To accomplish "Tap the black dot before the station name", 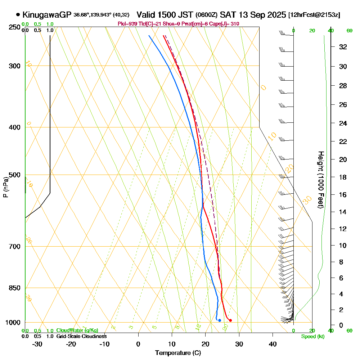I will coord(18,15).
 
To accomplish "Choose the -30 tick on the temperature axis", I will coord(37,344).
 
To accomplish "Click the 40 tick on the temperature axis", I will coord(273,344).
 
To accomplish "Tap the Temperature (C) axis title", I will coord(178,353).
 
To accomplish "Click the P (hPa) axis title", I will coord(5,187).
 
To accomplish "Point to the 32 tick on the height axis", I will coord(343,47).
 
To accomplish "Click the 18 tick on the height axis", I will coord(343,177).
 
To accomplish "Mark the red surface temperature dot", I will coord(230,320).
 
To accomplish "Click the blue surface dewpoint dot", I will coord(220,320).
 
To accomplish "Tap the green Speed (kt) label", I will coord(312,336).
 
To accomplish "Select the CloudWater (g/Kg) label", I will coord(77,330).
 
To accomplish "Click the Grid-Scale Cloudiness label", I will coord(81,336).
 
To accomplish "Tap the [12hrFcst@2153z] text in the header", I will coord(314,15).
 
